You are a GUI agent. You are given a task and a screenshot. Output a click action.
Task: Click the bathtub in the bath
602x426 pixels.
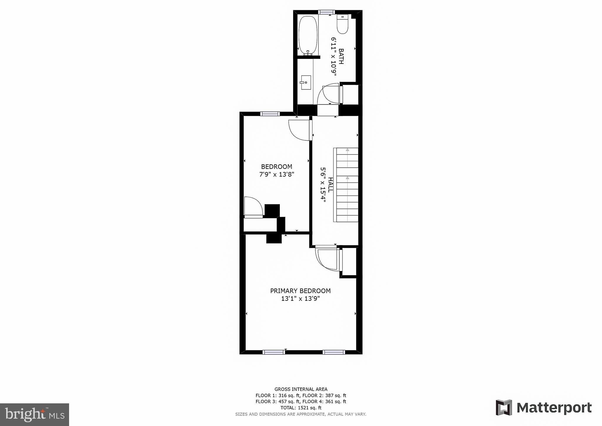tap(308, 35)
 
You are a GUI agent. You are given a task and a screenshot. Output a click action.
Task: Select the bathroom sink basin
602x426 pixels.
tap(306, 82)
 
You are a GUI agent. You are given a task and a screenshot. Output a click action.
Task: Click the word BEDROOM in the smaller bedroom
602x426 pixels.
tap(277, 167)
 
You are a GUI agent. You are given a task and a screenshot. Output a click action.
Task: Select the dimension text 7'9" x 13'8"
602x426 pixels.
tap(277, 174)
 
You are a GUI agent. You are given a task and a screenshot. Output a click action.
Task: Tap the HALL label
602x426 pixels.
tap(330, 184)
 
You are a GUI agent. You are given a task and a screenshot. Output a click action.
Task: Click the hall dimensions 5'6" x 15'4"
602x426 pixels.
tap(323, 184)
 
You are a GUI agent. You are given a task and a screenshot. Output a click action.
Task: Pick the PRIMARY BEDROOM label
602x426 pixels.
tap(300, 291)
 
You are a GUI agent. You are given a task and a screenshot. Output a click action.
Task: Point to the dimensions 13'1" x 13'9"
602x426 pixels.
tap(300, 299)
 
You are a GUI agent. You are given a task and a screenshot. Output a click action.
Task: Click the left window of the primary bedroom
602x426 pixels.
tap(274, 352)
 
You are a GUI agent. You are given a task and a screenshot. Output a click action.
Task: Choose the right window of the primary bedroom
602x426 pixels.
tap(334, 352)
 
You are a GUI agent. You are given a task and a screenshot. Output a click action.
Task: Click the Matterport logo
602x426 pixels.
tap(544, 408)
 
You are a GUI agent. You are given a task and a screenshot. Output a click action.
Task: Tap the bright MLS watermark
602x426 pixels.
tap(34, 415)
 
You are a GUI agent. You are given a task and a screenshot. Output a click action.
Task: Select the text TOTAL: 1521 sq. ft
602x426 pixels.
tap(301, 408)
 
